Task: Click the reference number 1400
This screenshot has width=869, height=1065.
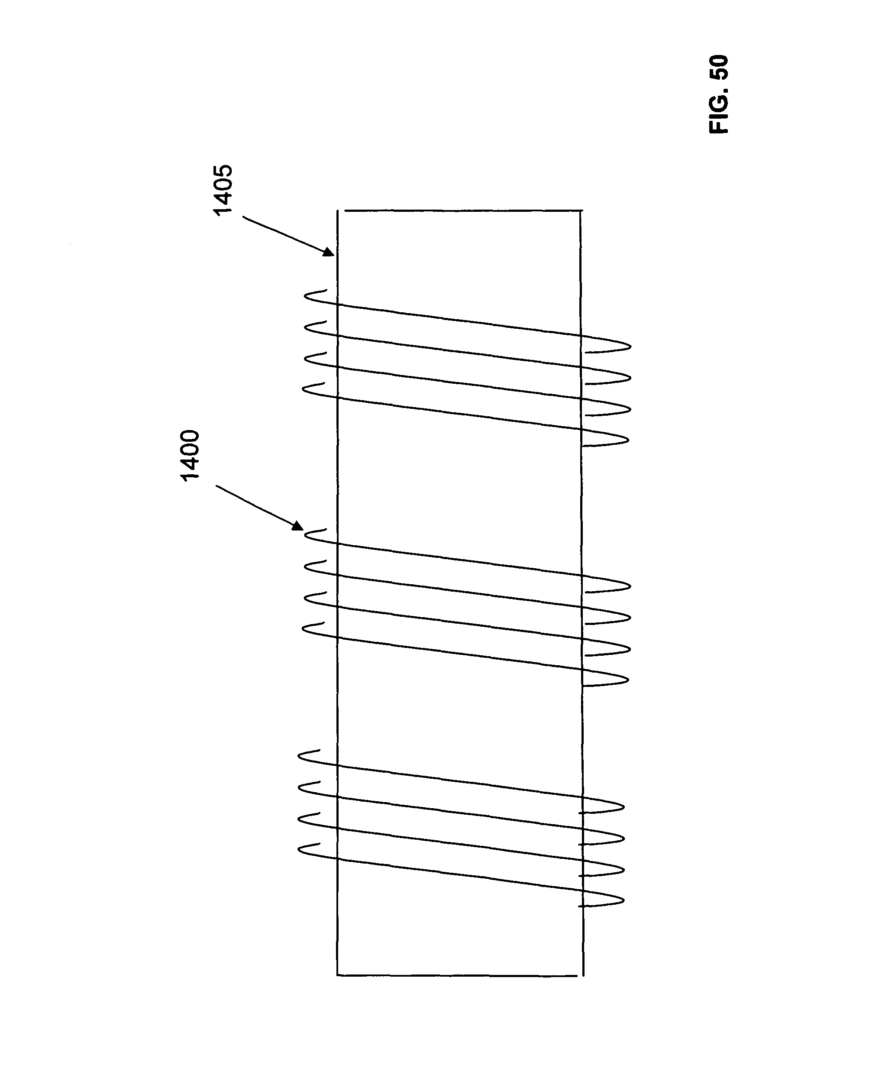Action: coord(190,455)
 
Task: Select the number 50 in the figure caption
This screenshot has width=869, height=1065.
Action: coord(719,68)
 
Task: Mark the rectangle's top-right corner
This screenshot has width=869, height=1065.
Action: coord(581,210)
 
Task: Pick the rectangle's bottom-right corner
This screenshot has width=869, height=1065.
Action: coord(584,975)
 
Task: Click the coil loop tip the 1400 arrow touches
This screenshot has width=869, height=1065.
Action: coord(305,536)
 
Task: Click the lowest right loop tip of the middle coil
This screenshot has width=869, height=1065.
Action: coord(628,680)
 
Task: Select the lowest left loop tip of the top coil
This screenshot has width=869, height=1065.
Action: coord(304,390)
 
